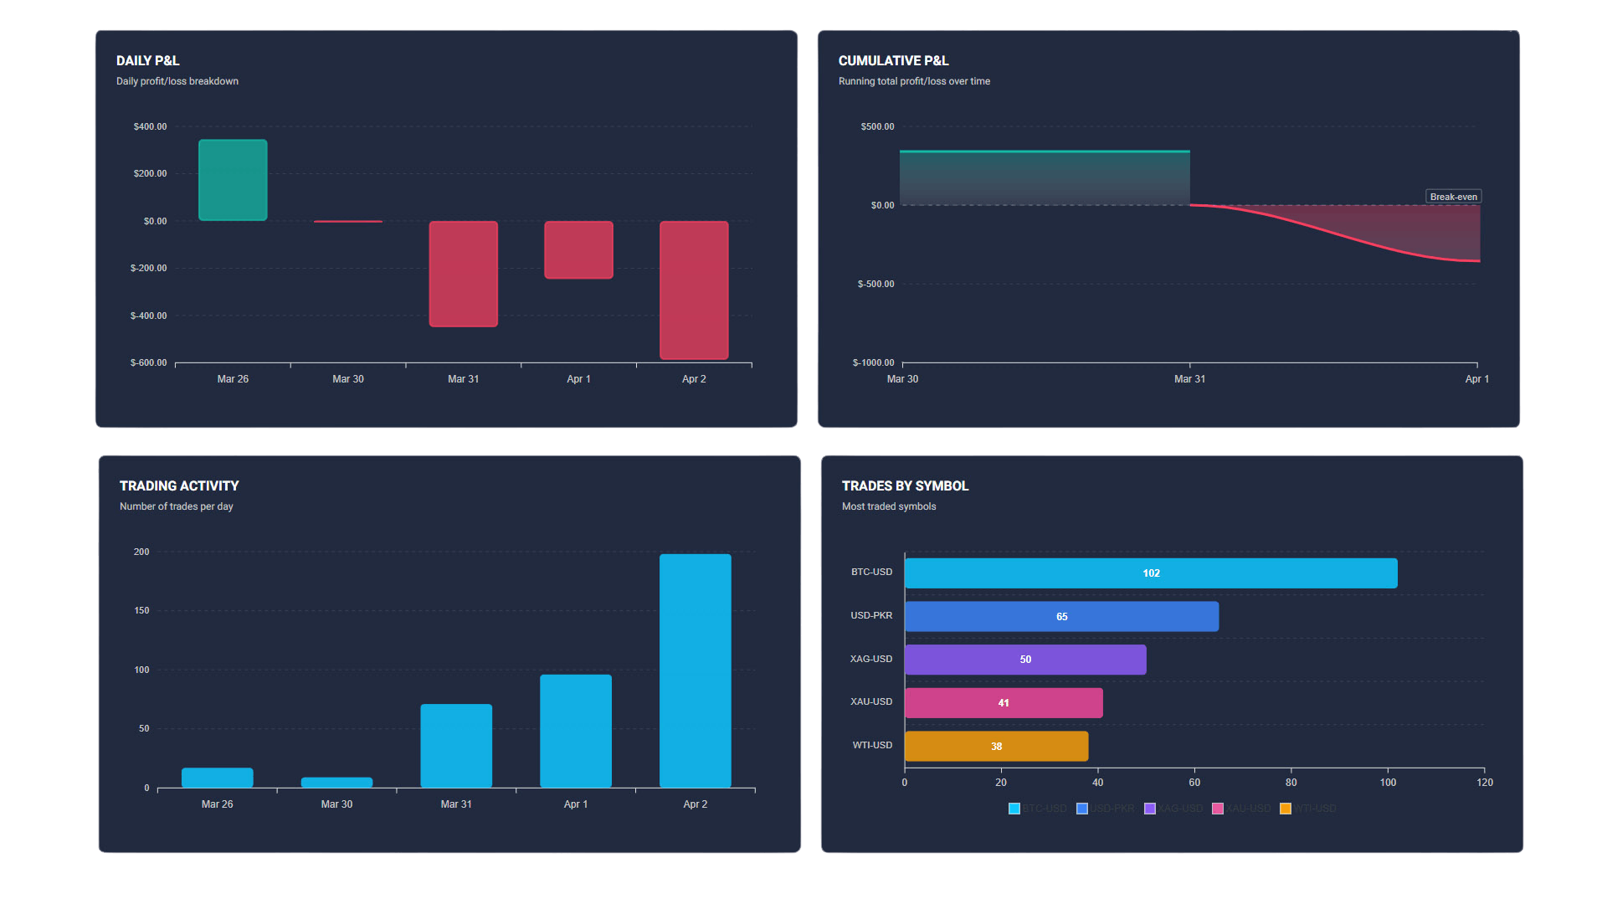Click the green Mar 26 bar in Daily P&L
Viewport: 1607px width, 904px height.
[233, 180]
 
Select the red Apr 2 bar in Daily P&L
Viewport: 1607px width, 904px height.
[694, 290]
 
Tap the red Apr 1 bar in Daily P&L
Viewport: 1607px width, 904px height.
[578, 249]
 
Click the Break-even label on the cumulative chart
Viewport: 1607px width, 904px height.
[1453, 197]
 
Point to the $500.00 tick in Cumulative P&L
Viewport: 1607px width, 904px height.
[877, 126]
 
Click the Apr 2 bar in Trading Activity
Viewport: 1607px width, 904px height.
[695, 670]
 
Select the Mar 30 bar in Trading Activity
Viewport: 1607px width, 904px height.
[336, 783]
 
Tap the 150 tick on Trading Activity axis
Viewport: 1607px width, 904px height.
[141, 610]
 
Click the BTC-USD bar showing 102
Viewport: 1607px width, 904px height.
[1151, 573]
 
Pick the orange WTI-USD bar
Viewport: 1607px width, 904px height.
[996, 746]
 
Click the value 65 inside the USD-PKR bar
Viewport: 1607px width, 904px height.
[1061, 617]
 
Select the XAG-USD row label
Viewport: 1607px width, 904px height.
[870, 659]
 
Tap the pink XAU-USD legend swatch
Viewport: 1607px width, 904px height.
[1218, 809]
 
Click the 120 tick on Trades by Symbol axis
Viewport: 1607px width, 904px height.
[1484, 783]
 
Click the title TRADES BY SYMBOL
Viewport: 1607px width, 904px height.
[905, 485]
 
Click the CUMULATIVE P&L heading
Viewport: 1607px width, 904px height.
[893, 60]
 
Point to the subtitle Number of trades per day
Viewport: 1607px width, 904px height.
[176, 506]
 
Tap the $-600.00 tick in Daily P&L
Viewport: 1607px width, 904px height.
[148, 362]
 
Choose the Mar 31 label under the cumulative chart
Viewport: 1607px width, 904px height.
[1189, 379]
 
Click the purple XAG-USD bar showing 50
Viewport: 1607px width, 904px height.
[1025, 660]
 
